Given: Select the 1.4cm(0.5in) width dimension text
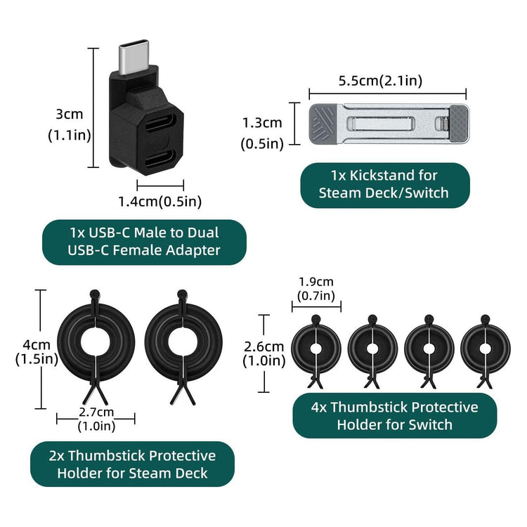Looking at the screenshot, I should tap(160, 202).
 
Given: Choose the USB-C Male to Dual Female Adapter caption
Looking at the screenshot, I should tap(144, 241).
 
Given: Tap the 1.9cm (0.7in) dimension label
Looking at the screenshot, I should tap(316, 289).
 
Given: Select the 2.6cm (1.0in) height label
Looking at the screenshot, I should tap(263, 353).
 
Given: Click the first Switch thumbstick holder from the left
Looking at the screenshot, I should tap(315, 348).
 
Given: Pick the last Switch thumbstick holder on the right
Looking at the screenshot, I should tap(485, 348).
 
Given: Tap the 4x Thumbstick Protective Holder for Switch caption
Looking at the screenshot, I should tap(394, 415).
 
